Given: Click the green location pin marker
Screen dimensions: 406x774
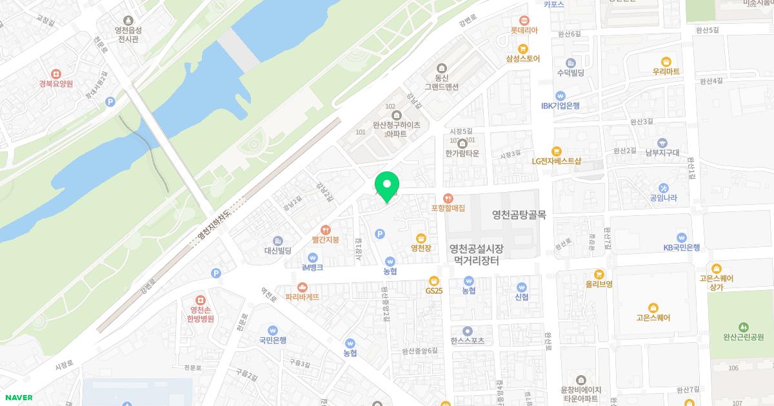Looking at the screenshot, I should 387,186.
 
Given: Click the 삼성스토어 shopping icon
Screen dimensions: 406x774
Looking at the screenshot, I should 523,48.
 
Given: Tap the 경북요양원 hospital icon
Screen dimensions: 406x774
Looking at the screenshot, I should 55,73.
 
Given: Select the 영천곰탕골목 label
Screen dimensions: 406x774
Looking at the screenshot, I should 519,215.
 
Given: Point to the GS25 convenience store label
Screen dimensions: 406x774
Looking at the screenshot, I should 434,291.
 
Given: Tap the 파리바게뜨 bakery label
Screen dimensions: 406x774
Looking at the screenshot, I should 302,297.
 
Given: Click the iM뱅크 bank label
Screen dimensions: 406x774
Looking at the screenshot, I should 313,267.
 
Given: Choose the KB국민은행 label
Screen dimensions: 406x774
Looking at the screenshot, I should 682,247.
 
